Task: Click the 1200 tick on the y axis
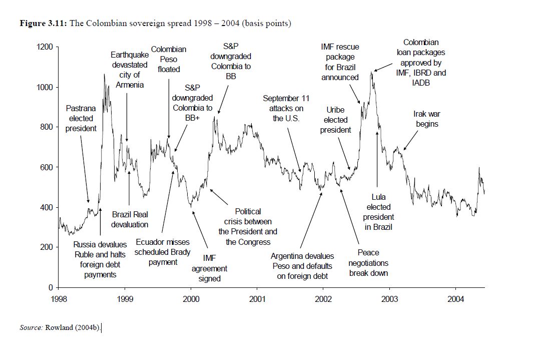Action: [x=46, y=47]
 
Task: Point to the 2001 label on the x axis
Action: [x=257, y=299]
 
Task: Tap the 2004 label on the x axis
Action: [x=455, y=299]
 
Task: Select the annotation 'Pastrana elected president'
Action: [x=81, y=118]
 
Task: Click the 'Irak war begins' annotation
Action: [x=427, y=119]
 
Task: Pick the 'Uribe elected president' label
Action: [x=335, y=120]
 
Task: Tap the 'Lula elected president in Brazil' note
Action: [x=378, y=212]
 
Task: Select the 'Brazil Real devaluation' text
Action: [x=130, y=219]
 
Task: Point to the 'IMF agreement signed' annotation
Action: [x=209, y=268]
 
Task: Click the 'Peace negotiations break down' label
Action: [x=368, y=263]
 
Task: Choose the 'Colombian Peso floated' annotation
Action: [x=169, y=59]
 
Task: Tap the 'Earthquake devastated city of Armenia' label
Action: [x=130, y=70]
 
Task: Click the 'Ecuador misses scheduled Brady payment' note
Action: [x=163, y=252]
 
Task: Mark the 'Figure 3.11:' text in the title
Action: [x=43, y=24]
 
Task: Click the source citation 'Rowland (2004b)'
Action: [x=73, y=328]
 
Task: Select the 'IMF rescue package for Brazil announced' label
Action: [x=340, y=62]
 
